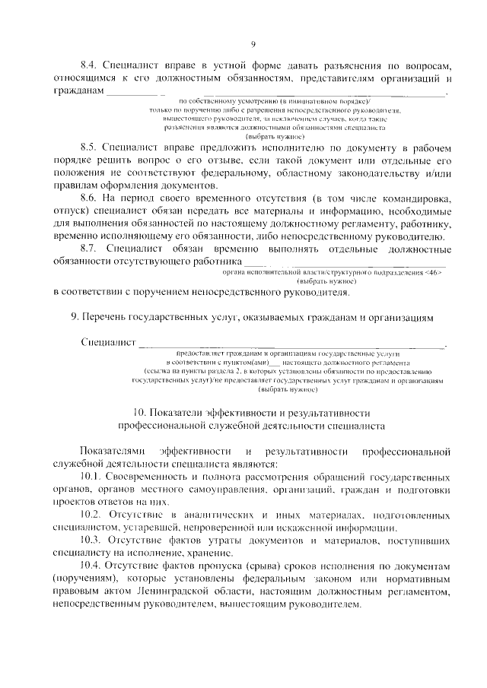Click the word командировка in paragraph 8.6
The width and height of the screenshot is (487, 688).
tap(412, 198)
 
